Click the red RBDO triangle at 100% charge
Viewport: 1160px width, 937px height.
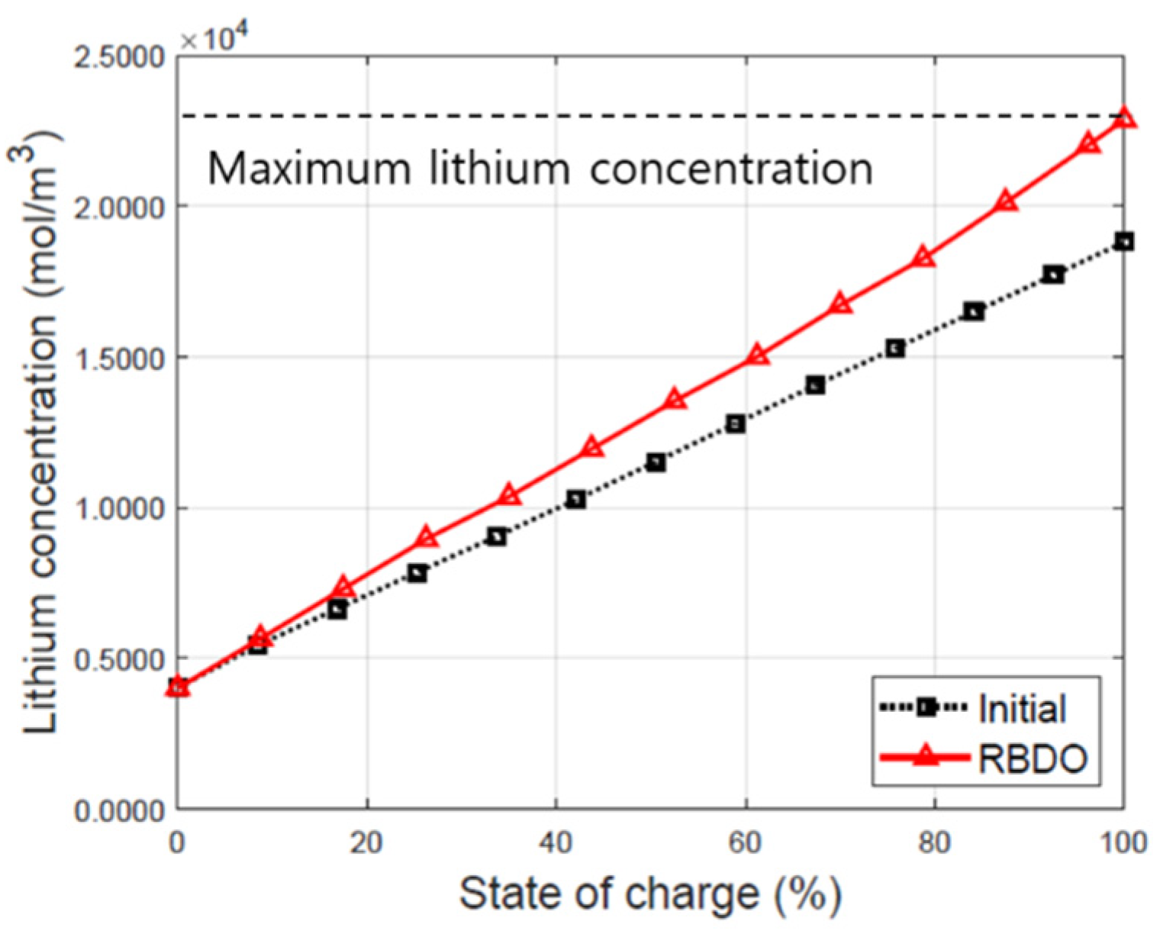1123,118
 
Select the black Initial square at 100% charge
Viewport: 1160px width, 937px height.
1123,242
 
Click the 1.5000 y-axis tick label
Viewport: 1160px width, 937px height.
119,358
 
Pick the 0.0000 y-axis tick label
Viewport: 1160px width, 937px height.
119,810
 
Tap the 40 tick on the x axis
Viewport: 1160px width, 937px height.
556,842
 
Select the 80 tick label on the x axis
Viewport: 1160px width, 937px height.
934,842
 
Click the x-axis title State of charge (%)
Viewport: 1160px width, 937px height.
650,894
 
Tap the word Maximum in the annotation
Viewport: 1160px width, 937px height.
309,168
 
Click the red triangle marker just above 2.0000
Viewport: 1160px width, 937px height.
1007,201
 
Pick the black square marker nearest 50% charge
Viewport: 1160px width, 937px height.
656,462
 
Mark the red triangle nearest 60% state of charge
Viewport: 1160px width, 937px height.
757,355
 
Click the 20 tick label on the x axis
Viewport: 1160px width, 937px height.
366,842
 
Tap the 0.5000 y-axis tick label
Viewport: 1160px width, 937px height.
119,659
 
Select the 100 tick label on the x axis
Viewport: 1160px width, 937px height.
1123,842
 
